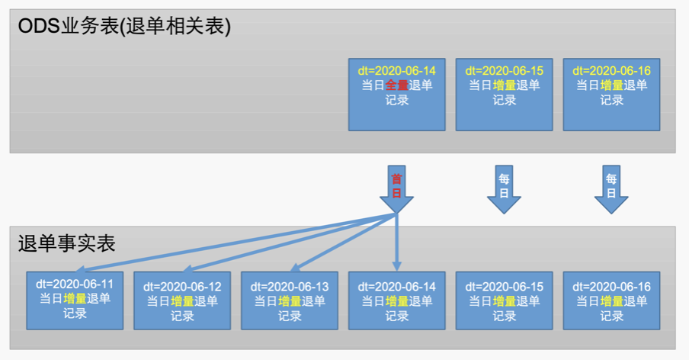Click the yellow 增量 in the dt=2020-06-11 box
[74, 298]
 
